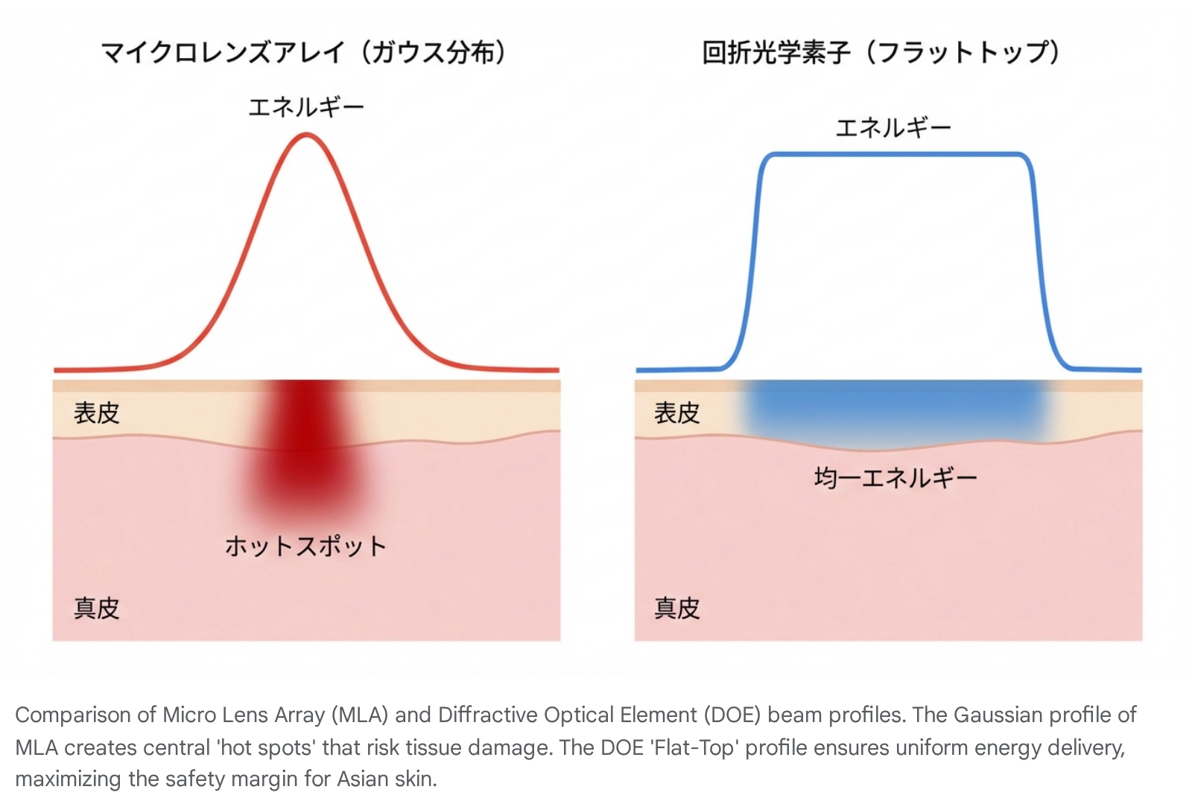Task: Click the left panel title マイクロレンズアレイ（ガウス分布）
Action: point(304,53)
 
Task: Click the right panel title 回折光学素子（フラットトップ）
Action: point(881,53)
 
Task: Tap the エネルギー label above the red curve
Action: point(305,108)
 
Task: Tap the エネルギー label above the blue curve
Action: point(893,128)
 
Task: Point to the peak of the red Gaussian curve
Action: point(306,135)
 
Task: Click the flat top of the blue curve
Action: point(894,154)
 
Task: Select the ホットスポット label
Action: point(305,546)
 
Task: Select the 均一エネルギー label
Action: point(895,477)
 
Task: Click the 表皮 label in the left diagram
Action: point(96,412)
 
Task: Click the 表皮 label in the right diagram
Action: point(676,412)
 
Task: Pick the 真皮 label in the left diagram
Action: point(96,608)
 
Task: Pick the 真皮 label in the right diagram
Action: point(676,608)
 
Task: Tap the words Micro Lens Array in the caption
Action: point(244,715)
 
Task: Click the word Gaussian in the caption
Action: point(998,715)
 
